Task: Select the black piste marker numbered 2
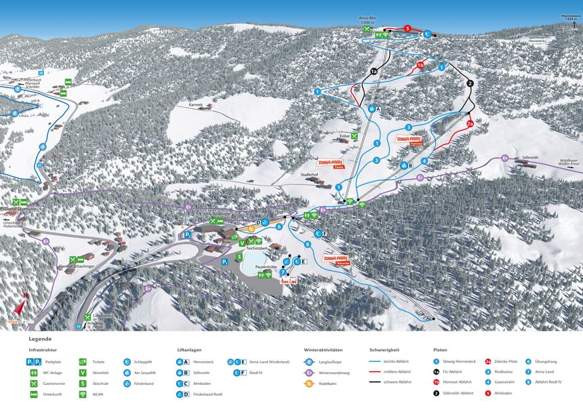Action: point(470,83)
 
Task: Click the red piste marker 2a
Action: point(470,124)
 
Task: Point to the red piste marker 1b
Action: point(420,65)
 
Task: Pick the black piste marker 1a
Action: point(374,70)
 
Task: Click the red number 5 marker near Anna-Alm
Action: point(407,28)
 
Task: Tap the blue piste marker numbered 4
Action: point(424,161)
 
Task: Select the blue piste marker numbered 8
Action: point(307,244)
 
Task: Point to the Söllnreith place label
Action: point(530,157)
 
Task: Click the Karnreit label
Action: point(196,105)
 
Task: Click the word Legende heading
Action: point(40,339)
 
